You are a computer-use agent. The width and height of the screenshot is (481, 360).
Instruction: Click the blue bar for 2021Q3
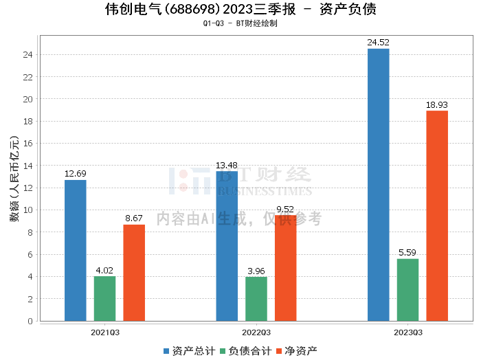pyautogui.click(x=76, y=251)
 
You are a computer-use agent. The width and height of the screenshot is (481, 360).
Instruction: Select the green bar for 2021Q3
pyautogui.click(x=104, y=299)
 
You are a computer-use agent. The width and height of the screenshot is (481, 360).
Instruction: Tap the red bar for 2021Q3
pyautogui.click(x=134, y=273)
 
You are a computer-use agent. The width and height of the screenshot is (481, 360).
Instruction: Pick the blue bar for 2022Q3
pyautogui.click(x=227, y=246)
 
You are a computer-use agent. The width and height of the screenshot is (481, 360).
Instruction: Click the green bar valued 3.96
pyautogui.click(x=256, y=299)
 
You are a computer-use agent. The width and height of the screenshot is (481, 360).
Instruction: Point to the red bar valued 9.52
pyautogui.click(x=286, y=268)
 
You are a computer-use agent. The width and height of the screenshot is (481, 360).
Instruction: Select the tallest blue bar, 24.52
pyautogui.click(x=379, y=185)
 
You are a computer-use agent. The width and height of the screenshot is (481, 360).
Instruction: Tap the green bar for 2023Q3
pyautogui.click(x=407, y=290)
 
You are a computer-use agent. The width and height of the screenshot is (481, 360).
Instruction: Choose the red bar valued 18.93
pyautogui.click(x=437, y=216)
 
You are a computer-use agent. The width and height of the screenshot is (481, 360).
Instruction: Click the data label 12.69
pyautogui.click(x=76, y=174)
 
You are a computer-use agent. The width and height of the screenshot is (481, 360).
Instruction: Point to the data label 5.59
pyautogui.click(x=407, y=253)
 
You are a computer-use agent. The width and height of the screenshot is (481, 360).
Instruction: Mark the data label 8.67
pyautogui.click(x=134, y=218)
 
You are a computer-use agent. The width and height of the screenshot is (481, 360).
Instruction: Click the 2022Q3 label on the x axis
pyautogui.click(x=256, y=333)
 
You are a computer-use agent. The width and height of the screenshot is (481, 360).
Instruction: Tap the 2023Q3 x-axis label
pyautogui.click(x=408, y=333)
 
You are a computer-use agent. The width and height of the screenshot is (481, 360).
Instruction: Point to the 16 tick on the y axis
pyautogui.click(x=28, y=144)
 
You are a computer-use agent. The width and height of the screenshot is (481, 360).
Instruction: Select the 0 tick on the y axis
pyautogui.click(x=30, y=322)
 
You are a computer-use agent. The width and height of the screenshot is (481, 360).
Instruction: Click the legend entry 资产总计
pyautogui.click(x=190, y=351)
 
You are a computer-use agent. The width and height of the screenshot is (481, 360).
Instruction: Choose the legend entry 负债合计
pyautogui.click(x=246, y=351)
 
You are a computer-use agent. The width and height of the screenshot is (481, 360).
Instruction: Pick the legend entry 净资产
pyautogui.click(x=297, y=351)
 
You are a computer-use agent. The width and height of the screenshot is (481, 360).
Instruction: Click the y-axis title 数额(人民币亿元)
pyautogui.click(x=14, y=179)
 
